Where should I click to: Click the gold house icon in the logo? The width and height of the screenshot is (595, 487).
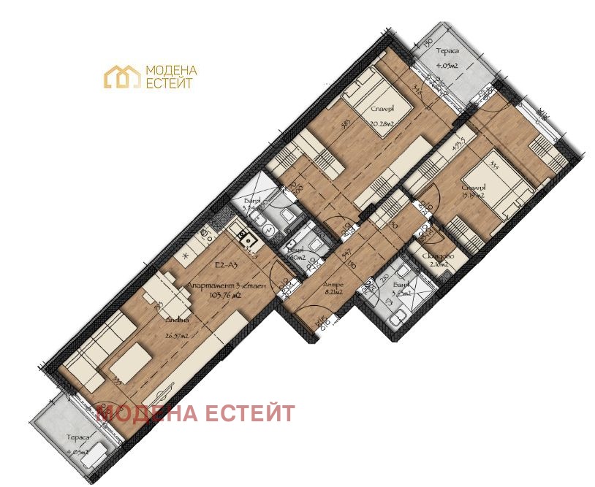122,77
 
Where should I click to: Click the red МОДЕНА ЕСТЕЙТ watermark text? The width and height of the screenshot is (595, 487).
196,413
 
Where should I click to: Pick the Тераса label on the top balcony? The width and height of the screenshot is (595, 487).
447,52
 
